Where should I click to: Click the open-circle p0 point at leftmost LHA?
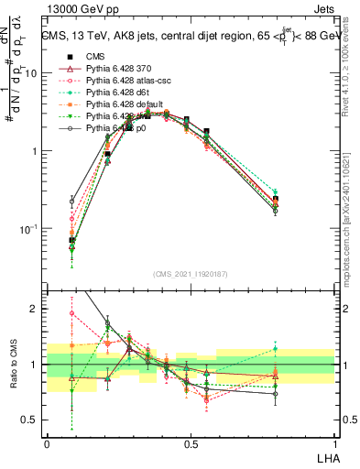tap(72, 200)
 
